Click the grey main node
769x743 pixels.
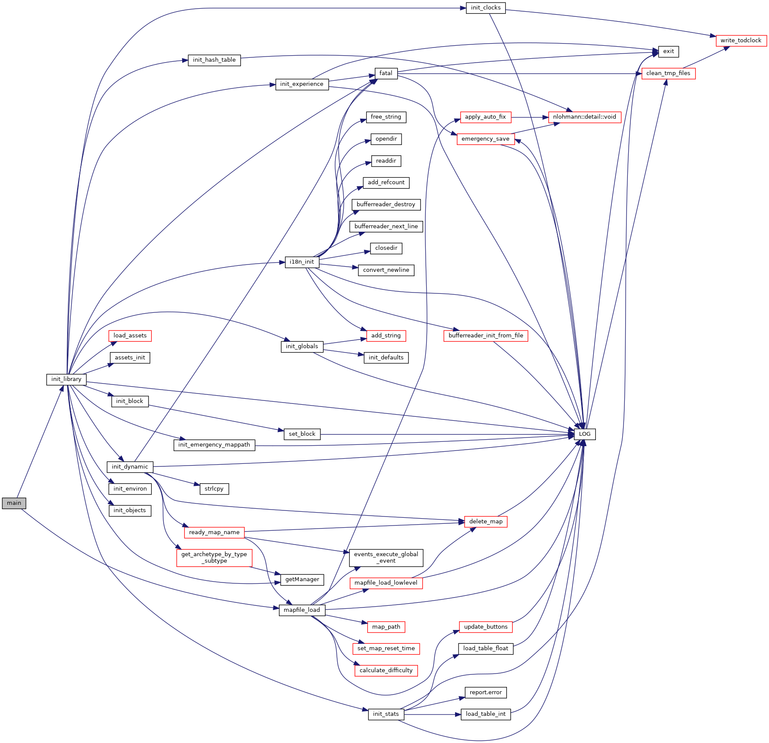tap(14, 503)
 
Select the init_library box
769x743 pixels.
tap(66, 379)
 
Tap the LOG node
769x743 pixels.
tap(585, 434)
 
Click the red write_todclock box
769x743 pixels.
tap(741, 41)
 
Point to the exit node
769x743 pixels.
tap(668, 51)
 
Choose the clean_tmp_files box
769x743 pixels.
tap(668, 73)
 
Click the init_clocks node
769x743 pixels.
tap(485, 8)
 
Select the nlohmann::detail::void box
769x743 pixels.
tap(584, 117)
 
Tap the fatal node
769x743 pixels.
tap(386, 73)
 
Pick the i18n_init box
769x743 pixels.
tap(302, 262)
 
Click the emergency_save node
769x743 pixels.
tap(485, 139)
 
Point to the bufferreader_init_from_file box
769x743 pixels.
tap(485, 336)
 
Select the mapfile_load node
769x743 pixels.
tap(302, 610)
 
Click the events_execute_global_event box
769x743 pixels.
tap(386, 557)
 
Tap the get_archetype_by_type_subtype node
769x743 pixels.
tap(214, 557)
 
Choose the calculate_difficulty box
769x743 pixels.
tap(386, 671)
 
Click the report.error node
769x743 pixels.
tap(485, 693)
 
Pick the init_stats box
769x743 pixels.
tap(386, 714)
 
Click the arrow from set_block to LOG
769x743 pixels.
tap(449, 434)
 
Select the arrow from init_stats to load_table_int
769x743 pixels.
tap(432, 715)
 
